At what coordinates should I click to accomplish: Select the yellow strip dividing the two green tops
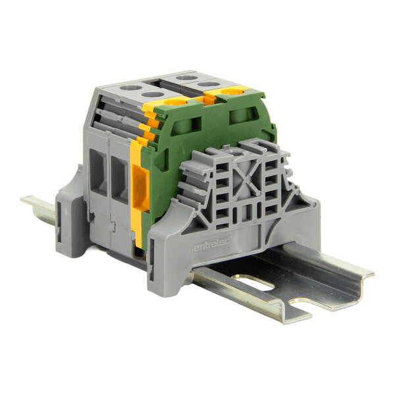(209, 99)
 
